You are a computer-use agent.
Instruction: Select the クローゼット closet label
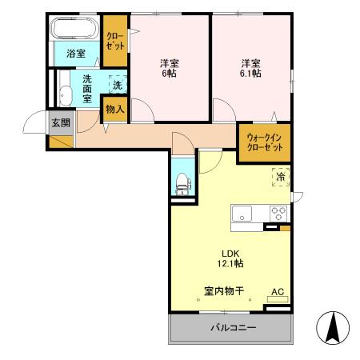pos(115,42)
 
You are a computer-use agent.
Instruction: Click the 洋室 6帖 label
pos(169,67)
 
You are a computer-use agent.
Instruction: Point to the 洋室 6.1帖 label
pos(250,67)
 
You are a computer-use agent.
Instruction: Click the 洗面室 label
pos(88,87)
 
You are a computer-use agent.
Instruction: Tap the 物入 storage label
pos(114,109)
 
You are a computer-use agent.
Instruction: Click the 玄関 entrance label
pos(60,122)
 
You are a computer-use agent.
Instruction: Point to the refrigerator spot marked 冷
pos(280,176)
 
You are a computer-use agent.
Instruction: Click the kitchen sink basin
pos(242,213)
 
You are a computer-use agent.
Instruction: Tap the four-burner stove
pos(278,213)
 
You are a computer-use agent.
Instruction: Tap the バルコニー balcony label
pos(233,327)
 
